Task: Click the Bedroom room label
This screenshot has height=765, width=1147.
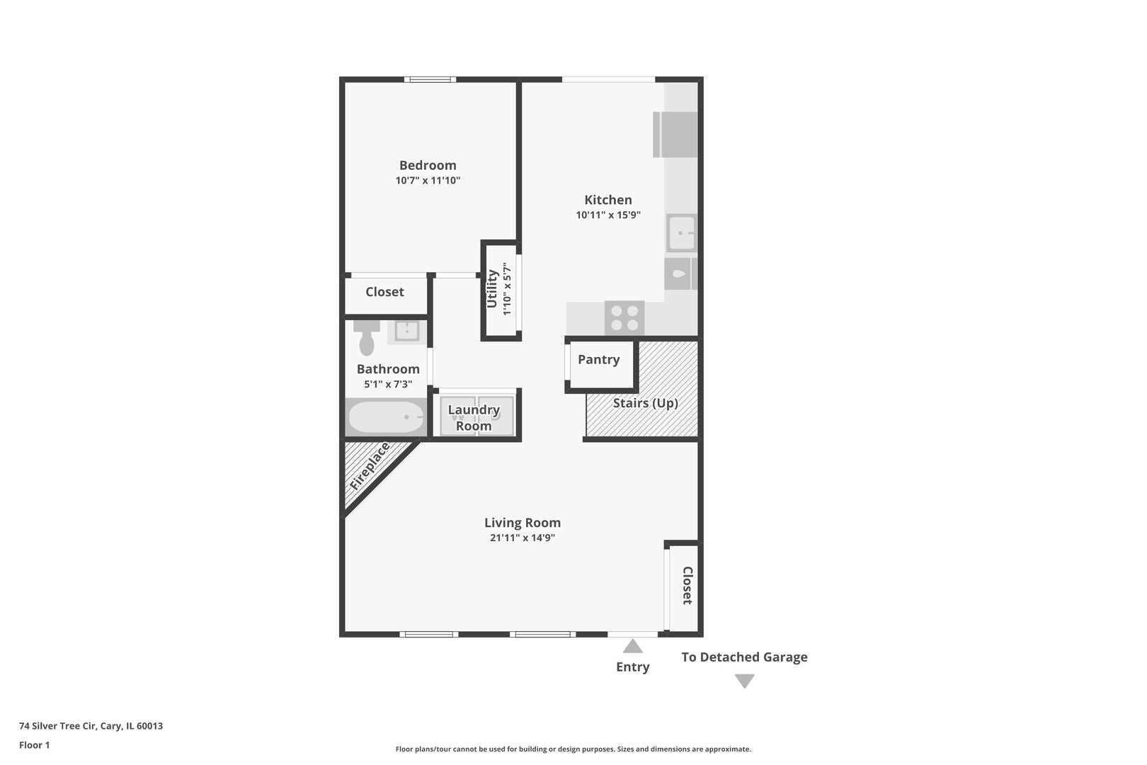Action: coord(428,166)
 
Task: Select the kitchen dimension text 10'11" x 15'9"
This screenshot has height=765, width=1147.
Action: coord(607,215)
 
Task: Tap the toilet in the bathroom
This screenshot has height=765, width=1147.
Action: coord(367,338)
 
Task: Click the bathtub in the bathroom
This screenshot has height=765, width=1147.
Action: coord(386,417)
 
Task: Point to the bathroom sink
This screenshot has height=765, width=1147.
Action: coord(407,331)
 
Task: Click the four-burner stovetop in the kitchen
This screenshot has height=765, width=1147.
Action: coord(624,318)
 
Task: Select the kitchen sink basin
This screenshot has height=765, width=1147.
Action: coord(682,233)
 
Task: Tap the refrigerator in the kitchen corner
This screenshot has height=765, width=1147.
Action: coord(675,135)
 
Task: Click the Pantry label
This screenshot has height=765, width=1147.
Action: coord(598,360)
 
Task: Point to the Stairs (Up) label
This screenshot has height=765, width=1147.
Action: coord(645,403)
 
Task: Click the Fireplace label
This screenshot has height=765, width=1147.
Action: coord(370,466)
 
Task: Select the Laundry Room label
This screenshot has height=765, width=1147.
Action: coord(474,418)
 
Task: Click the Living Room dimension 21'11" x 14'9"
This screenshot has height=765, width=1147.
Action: coord(523,538)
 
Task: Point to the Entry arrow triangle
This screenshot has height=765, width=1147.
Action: coord(632,646)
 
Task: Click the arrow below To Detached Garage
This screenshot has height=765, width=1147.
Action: coord(745,681)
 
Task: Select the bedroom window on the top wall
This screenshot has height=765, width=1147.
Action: coord(430,79)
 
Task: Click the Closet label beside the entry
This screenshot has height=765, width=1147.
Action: coord(687,585)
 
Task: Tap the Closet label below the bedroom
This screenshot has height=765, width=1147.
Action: coord(384,292)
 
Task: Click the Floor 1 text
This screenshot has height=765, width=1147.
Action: coord(34,745)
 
